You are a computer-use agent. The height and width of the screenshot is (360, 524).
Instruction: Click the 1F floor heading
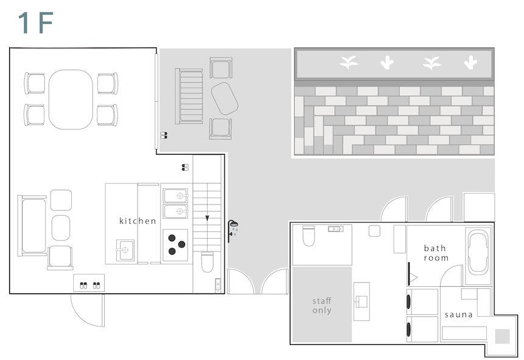coord(36,23)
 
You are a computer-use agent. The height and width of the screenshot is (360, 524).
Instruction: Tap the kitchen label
coord(138,221)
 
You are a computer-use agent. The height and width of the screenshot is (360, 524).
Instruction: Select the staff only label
coord(322,305)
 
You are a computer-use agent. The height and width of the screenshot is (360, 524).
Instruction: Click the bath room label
coord(436,253)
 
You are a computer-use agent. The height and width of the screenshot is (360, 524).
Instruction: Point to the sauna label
coord(458,314)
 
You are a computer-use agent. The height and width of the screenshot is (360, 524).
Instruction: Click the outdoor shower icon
coord(232,230)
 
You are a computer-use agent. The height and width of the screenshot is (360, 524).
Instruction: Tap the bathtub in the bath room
coord(478,253)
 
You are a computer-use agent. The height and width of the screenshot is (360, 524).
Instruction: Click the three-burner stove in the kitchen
coord(175,245)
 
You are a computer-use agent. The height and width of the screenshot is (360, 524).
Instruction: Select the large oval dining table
coord(71,99)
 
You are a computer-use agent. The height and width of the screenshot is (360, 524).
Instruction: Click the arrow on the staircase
coord(207,218)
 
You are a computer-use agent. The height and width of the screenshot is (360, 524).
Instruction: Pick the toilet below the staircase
coord(207,262)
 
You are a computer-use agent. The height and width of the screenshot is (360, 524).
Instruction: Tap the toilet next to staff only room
coord(309,236)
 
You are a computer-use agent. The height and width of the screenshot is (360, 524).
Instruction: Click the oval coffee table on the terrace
coord(224,99)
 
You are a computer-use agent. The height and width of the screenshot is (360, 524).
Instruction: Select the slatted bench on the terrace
coord(189,96)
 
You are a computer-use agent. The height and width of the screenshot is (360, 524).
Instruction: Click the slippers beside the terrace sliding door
coord(164,135)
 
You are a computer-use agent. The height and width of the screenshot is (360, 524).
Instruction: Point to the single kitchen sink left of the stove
coord(125,250)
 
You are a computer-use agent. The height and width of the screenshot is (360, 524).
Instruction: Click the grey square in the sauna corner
coord(502,336)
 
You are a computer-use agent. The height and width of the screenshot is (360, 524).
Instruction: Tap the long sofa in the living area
coord(32,226)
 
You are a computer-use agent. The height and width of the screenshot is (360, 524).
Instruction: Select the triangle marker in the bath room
coord(414,277)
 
